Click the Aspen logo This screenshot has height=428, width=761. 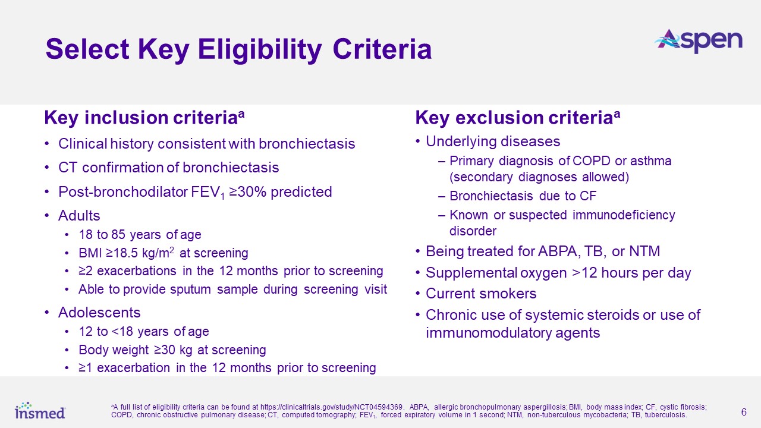click(x=698, y=42)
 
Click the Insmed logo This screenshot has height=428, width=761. click(x=40, y=410)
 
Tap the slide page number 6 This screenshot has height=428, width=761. click(x=744, y=412)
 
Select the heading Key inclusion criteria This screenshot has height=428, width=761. click(x=144, y=118)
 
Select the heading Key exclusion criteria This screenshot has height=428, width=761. click(x=518, y=118)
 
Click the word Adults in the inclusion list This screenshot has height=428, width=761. click(x=79, y=216)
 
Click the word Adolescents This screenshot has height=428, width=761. click(x=99, y=313)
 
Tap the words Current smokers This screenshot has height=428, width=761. click(x=481, y=294)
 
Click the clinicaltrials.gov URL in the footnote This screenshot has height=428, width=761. click(x=332, y=407)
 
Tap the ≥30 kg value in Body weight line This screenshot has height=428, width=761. click(x=173, y=350)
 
